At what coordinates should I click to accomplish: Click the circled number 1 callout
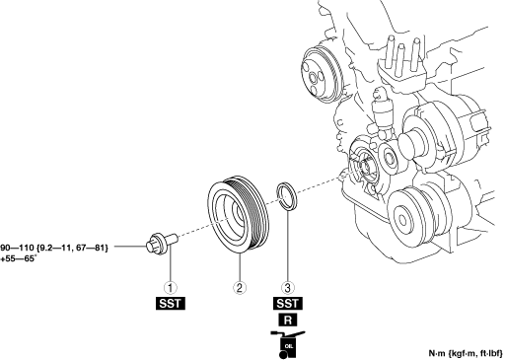click(171, 288)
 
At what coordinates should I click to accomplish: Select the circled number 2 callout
click(240, 288)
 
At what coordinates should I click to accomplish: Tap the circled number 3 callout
click(287, 288)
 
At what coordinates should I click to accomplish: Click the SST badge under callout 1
click(171, 303)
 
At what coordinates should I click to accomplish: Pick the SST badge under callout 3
click(288, 303)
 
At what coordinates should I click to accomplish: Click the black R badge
click(288, 320)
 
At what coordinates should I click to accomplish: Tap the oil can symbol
click(287, 344)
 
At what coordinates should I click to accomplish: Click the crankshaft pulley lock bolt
click(161, 244)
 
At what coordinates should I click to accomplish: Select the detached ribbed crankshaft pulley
click(239, 215)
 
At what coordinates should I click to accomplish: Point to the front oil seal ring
click(286, 196)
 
